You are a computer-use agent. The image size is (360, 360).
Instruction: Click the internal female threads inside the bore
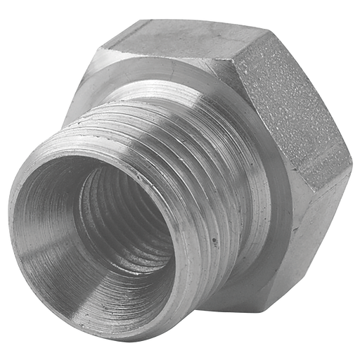(x=120, y=211)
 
